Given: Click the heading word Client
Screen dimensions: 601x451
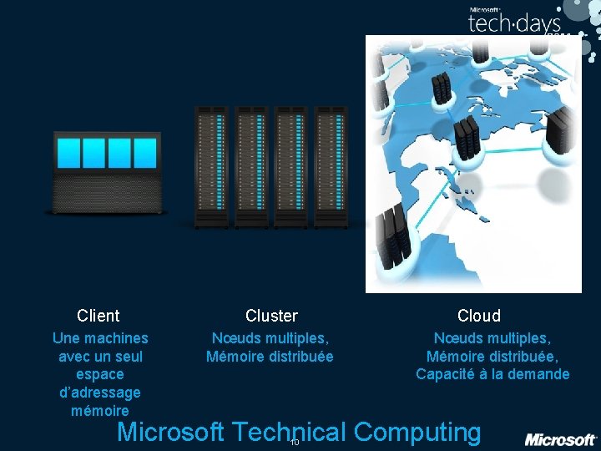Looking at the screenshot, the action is coord(98,316).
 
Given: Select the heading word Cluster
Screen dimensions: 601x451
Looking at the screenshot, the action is coord(271,316).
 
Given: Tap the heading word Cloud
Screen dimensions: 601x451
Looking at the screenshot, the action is coord(479,316).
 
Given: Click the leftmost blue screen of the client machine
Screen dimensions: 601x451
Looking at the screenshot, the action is coord(68,153).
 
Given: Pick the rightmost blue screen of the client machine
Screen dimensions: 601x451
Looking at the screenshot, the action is coord(145,153).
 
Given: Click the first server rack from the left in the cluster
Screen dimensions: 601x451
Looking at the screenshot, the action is coord(211,166).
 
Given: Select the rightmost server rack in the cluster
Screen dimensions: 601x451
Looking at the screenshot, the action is coord(331,166).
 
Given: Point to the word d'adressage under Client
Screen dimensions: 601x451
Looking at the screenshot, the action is coord(100,393).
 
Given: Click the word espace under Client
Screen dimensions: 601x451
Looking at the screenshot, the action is coord(99,374).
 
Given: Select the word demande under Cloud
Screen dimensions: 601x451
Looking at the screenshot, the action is coord(542,374).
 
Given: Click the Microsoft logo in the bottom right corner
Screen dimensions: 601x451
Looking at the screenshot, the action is coord(560,439).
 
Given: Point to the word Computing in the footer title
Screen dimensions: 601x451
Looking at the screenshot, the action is coord(417,433).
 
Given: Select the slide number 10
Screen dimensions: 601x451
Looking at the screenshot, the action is coord(294,443).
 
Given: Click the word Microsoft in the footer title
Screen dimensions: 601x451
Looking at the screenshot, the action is coord(170,433).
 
